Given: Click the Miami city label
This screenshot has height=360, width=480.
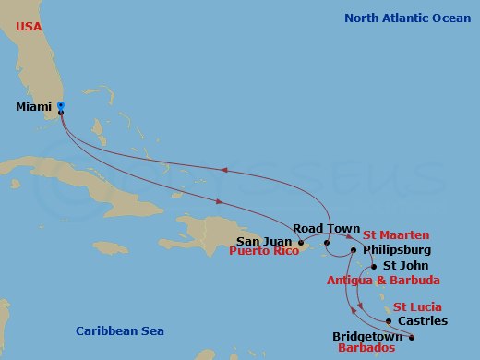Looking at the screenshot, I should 34,107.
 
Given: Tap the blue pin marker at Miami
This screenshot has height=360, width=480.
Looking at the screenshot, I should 61,107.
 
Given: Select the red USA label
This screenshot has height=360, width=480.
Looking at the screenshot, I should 28,26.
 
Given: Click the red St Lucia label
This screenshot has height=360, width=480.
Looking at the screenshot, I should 417,306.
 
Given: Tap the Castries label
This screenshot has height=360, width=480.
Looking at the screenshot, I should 426,321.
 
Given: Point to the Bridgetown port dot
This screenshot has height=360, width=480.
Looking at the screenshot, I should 412,337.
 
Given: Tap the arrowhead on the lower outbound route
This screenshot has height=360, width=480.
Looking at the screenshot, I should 219,201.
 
